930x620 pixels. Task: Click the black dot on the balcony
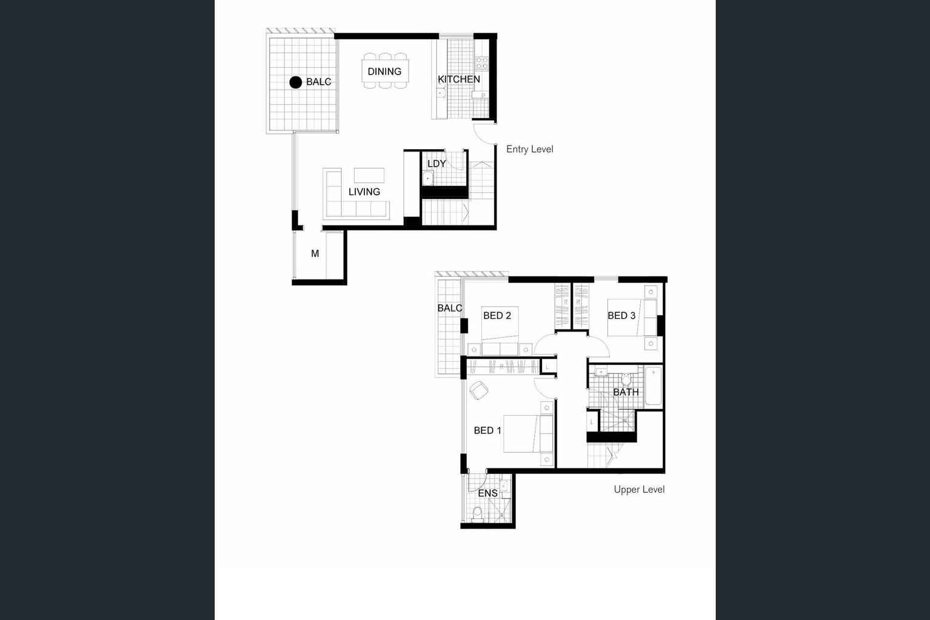[295, 82]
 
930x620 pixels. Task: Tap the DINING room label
[384, 72]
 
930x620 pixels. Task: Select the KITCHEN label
[459, 79]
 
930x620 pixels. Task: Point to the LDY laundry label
[437, 164]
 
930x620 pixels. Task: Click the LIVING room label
[364, 192]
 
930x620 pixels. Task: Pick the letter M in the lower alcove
[315, 254]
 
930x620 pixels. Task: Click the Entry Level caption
[529, 149]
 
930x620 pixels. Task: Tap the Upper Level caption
[639, 490]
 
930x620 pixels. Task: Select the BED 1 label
[487, 430]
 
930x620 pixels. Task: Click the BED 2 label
[497, 316]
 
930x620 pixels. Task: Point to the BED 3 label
[621, 316]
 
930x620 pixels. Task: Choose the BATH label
[626, 392]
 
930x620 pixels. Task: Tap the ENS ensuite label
[487, 493]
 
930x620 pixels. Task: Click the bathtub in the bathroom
[653, 385]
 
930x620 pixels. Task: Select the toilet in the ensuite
[477, 513]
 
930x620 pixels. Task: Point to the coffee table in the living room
[369, 175]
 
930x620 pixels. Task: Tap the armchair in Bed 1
[478, 390]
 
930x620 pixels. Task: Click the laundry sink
[428, 178]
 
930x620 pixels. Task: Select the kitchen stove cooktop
[481, 62]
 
